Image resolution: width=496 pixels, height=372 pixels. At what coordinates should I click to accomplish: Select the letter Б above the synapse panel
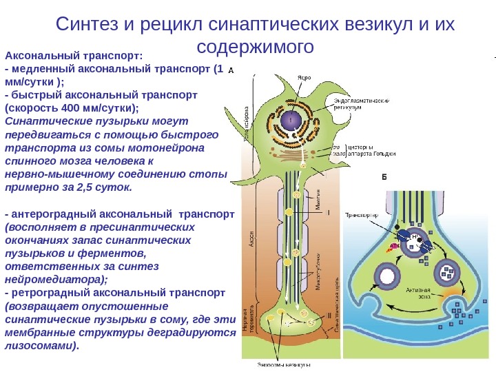(x=385, y=176)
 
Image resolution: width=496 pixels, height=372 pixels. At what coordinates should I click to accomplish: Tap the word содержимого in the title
(x=255, y=47)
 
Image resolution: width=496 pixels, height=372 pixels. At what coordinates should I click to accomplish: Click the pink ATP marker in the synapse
(x=395, y=245)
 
